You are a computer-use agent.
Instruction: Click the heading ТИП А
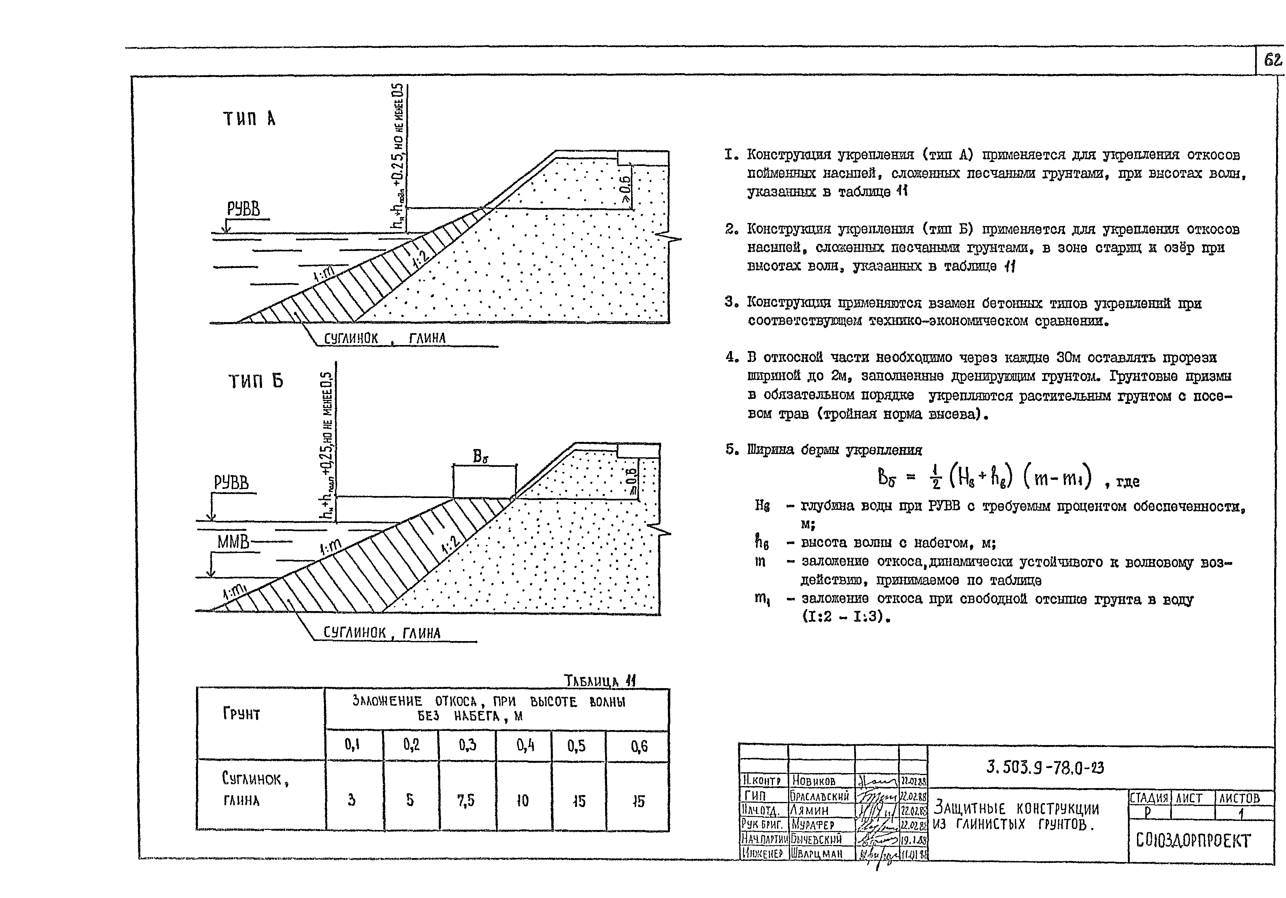pos(249,119)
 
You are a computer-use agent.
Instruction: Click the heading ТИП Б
pos(256,381)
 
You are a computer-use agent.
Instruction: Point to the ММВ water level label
pos(233,542)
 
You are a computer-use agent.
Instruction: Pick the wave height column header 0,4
pos(525,745)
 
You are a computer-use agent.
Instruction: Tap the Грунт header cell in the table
pos(241,714)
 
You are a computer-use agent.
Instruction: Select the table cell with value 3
pos(351,800)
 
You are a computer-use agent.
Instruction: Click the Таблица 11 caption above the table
pos(599,681)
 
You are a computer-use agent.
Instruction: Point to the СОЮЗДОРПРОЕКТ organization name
pos(1193,841)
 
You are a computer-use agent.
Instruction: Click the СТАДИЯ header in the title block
pos(1149,798)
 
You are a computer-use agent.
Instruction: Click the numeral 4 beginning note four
pos(730,357)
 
